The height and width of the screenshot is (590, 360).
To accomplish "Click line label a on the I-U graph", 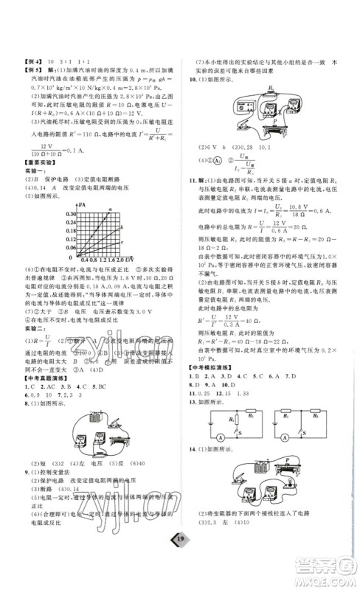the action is pyautogui.click(x=111, y=209).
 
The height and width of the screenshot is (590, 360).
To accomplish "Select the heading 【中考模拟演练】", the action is pyautogui.click(x=207, y=365).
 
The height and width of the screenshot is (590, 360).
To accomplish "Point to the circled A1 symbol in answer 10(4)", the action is pyautogui.click(x=215, y=158).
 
